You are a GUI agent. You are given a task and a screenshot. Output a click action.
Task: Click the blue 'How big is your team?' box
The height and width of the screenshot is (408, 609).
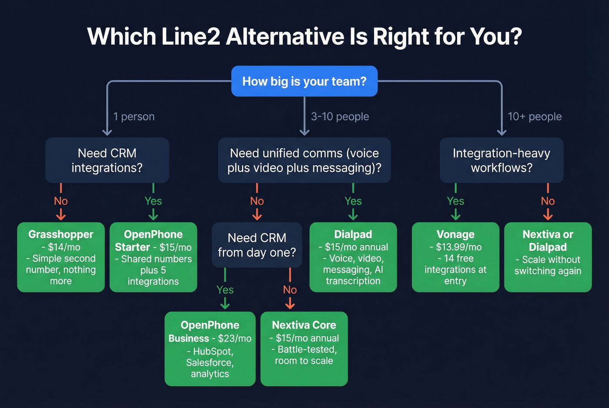click(x=304, y=81)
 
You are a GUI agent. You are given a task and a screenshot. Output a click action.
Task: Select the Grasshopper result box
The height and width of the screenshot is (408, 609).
click(x=61, y=257)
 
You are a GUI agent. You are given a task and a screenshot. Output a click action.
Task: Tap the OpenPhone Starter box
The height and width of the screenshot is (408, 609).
click(x=153, y=257)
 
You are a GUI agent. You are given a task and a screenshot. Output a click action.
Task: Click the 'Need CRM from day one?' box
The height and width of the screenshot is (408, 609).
click(x=257, y=245)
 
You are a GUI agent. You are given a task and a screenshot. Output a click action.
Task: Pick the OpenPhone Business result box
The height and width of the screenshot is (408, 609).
click(x=210, y=348)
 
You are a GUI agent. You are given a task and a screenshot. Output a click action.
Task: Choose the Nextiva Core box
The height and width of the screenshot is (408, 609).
click(x=304, y=348)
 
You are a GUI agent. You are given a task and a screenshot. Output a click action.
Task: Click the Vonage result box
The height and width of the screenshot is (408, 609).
click(x=455, y=257)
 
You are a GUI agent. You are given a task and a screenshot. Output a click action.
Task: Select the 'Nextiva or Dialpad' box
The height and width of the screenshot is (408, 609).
click(x=548, y=257)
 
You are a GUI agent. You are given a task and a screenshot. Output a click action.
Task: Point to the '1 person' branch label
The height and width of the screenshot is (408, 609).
click(x=134, y=116)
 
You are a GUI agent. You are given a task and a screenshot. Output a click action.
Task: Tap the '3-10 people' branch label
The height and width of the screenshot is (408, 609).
click(x=340, y=116)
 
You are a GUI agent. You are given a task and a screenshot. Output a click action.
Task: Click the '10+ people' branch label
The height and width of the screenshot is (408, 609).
click(x=535, y=116)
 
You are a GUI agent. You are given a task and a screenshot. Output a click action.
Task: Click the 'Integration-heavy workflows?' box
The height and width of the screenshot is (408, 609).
click(x=501, y=160)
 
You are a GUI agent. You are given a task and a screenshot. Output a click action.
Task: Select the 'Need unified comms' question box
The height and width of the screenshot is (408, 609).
click(x=304, y=160)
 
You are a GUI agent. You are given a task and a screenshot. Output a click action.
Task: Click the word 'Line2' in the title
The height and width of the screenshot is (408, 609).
click(x=191, y=36)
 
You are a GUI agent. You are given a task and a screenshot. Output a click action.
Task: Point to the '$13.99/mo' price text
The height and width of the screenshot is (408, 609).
click(x=458, y=247)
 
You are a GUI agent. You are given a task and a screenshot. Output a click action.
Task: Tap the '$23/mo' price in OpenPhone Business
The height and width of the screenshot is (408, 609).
click(x=234, y=338)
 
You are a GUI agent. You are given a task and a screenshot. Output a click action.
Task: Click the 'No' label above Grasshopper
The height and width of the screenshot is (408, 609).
click(x=61, y=201)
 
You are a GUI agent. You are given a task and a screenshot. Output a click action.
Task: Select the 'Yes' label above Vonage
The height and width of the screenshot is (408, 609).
click(x=455, y=201)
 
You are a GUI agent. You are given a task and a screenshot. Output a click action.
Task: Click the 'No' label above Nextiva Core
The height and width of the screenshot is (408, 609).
click(x=290, y=290)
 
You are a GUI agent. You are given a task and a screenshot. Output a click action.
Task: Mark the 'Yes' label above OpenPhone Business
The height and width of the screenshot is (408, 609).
click(x=225, y=290)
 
